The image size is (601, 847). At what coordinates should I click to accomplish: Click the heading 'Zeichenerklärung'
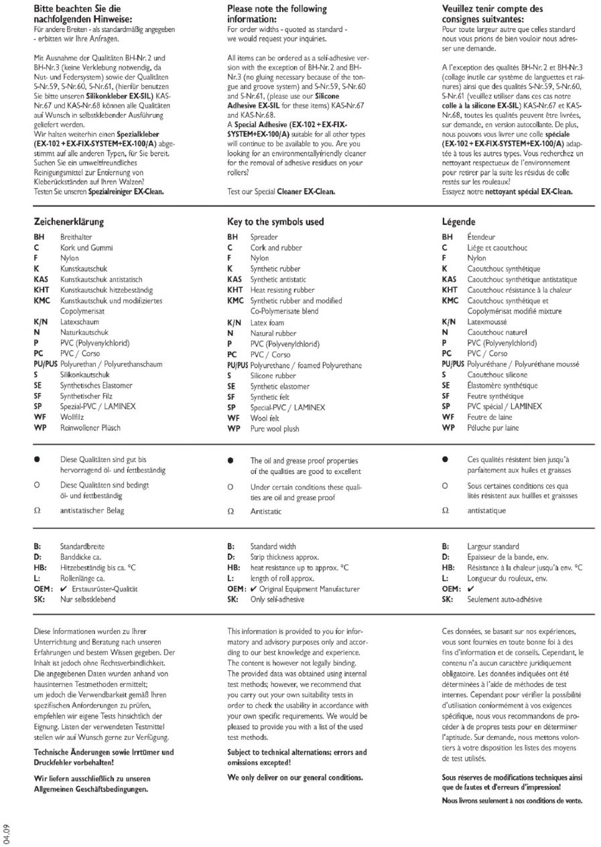click(x=68, y=222)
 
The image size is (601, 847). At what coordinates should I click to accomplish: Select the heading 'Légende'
click(x=459, y=222)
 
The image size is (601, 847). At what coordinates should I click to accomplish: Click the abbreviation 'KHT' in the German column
click(x=42, y=290)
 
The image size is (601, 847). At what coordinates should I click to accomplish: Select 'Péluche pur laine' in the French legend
click(x=494, y=427)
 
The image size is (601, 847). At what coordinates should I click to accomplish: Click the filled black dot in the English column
click(x=230, y=461)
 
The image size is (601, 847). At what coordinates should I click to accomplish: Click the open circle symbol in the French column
click(x=445, y=485)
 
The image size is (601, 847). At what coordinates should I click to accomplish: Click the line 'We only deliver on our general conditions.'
click(x=295, y=778)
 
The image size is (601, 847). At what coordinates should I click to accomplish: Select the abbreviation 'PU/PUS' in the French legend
click(x=453, y=364)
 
